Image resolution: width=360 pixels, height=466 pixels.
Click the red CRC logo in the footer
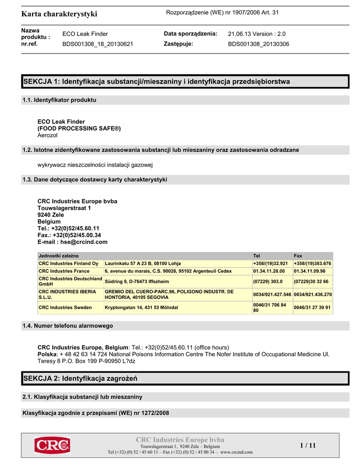(52, 445)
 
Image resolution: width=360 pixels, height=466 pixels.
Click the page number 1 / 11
(308, 445)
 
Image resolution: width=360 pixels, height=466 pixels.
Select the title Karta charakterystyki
(59, 14)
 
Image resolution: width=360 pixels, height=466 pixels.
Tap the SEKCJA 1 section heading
(156, 81)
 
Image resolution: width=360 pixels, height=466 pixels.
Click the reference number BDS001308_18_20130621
(97, 44)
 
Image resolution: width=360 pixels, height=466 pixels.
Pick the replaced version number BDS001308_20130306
(258, 44)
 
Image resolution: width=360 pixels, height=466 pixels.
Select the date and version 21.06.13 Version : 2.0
(256, 34)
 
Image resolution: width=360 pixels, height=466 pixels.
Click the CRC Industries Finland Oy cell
(69, 263)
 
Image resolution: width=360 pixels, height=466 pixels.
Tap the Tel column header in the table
(257, 256)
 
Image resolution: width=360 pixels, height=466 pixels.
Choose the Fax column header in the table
(298, 256)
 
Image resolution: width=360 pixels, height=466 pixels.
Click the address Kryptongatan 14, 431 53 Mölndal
(141, 308)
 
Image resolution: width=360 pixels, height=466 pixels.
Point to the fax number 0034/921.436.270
(313, 294)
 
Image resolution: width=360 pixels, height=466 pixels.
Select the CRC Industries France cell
(64, 271)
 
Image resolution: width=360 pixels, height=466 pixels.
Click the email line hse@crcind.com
(72, 242)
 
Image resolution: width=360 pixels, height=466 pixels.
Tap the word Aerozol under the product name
(47, 135)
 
